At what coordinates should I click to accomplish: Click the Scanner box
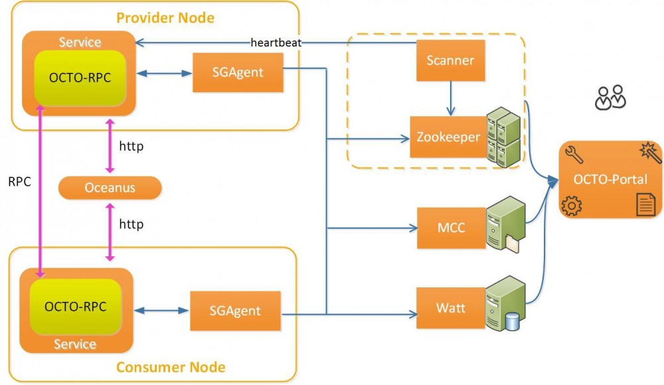tap(450, 60)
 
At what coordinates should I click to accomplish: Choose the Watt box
tap(450, 308)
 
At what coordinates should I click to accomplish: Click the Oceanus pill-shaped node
tap(110, 188)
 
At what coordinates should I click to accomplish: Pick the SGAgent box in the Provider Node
tap(237, 72)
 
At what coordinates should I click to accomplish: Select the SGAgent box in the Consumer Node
tap(234, 310)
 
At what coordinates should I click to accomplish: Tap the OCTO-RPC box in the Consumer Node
tap(75, 307)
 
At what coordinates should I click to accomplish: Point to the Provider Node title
tap(165, 17)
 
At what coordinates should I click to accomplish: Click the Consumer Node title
tap(171, 367)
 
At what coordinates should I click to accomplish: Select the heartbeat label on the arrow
tap(276, 43)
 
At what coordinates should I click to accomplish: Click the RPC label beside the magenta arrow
tap(19, 181)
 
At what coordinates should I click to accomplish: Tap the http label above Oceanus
tap(131, 145)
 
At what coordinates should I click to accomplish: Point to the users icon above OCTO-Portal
tap(610, 97)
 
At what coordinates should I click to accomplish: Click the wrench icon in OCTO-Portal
tap(572, 157)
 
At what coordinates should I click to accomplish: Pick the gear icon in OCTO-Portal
tap(571, 206)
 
